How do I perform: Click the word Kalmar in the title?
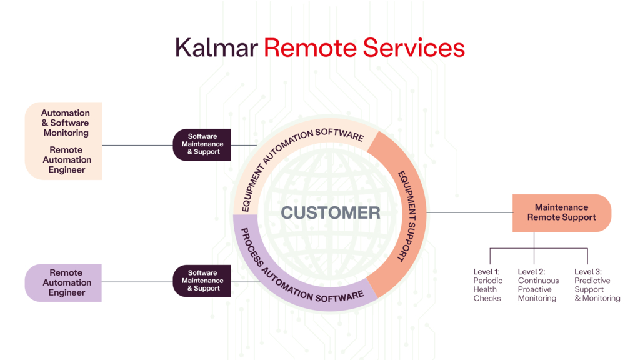pos(216,48)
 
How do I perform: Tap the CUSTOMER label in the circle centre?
pos(330,212)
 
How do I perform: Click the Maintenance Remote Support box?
pos(561,212)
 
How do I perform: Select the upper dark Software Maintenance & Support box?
pos(202,144)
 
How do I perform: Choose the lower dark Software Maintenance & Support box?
pos(202,281)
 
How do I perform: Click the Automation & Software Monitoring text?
pos(66,123)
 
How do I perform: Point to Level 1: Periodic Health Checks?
pos(487,285)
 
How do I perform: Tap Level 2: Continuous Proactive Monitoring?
pos(538,285)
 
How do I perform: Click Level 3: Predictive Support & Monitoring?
pos(597,285)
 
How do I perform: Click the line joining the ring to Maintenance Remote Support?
pos(469,212)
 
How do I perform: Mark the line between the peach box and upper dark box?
pos(137,145)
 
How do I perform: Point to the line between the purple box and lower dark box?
pos(137,282)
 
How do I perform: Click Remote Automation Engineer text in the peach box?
pos(66,160)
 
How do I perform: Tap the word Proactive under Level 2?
pos(535,289)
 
